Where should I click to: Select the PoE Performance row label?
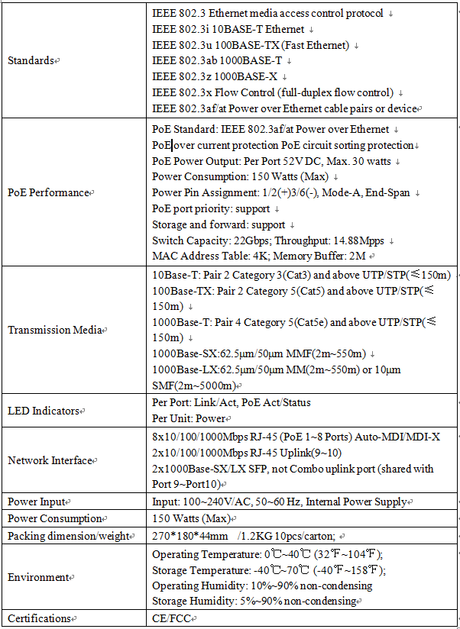(x=48, y=192)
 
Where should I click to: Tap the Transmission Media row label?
(x=54, y=330)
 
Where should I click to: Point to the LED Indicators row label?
(x=43, y=411)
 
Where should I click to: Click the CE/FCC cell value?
(x=170, y=618)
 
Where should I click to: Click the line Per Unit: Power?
(x=189, y=418)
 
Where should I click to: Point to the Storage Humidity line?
(x=254, y=601)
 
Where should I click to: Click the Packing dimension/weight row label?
(x=68, y=536)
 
